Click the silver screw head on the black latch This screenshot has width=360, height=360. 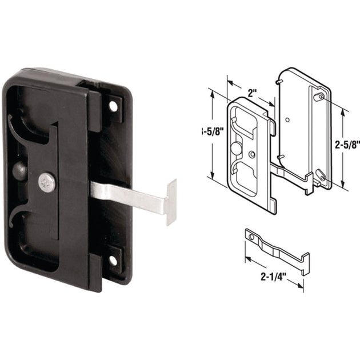[x=47, y=182]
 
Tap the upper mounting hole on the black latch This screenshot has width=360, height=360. [x=113, y=106]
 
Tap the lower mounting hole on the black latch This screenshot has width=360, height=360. [x=113, y=260]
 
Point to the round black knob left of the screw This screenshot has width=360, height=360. [x=19, y=172]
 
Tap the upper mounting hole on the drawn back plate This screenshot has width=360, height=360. [x=317, y=98]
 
